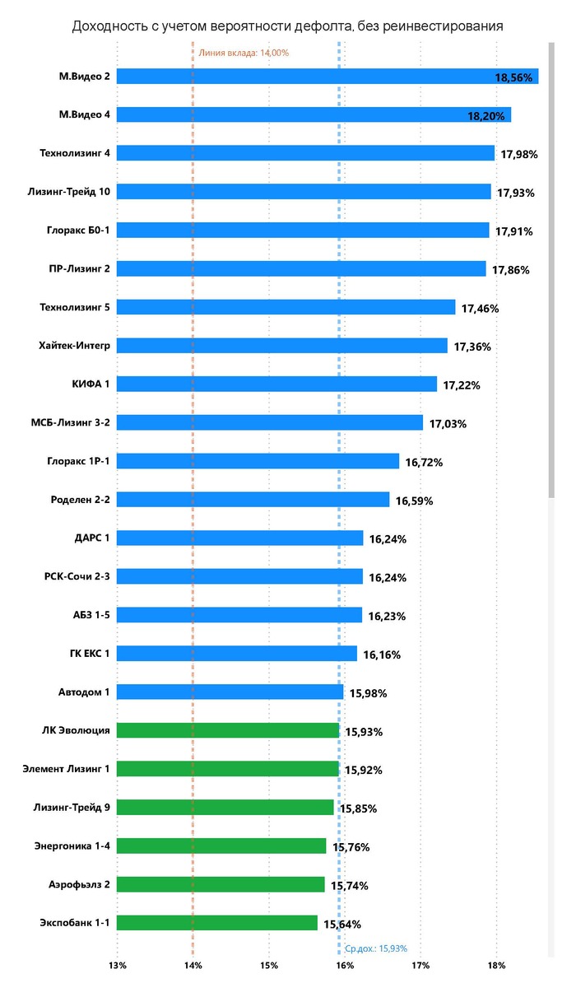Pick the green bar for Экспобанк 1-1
click(217, 923)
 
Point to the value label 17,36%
click(472, 347)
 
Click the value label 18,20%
click(485, 116)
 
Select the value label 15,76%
click(351, 846)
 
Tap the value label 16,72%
click(424, 463)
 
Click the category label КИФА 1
click(91, 384)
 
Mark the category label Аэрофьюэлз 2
click(79, 884)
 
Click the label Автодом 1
click(83, 692)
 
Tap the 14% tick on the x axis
click(193, 965)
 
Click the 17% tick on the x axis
click(420, 965)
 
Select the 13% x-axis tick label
click(117, 965)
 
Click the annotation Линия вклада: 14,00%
click(244, 53)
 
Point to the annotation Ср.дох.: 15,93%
click(375, 948)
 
